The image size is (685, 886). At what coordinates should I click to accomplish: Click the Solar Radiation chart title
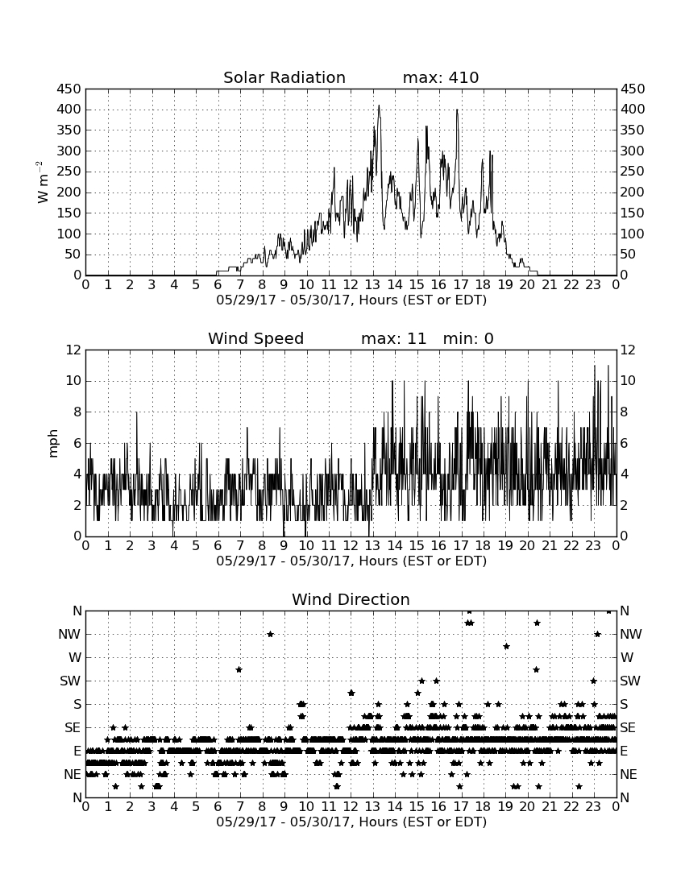click(284, 77)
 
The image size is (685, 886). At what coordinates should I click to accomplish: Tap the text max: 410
click(441, 77)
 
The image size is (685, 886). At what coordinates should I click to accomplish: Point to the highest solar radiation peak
click(379, 106)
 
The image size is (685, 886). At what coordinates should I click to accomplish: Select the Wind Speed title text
click(256, 338)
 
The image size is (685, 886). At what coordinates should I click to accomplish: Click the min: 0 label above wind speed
click(468, 338)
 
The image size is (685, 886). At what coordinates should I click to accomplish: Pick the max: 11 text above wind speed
click(393, 338)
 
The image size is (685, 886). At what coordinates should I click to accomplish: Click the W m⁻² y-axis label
click(43, 182)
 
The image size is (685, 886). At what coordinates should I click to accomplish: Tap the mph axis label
click(53, 444)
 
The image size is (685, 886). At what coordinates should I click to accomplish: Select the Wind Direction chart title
click(351, 599)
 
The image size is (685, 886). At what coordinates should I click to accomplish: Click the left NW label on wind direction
click(69, 634)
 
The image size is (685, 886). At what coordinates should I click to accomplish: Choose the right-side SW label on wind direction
click(630, 681)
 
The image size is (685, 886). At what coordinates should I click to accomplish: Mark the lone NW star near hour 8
click(270, 634)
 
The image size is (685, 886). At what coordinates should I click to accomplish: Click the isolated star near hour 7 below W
click(239, 669)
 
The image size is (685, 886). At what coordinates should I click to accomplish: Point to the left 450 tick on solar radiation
click(69, 89)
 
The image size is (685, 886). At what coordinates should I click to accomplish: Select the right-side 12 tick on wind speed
click(628, 350)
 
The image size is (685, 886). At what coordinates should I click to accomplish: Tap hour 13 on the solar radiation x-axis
click(373, 285)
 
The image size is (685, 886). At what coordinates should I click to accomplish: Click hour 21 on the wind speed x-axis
click(550, 546)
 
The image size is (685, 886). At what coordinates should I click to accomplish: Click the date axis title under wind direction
click(351, 822)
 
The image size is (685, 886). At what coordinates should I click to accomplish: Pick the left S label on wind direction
click(77, 705)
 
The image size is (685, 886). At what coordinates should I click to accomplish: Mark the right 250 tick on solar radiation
click(633, 172)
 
